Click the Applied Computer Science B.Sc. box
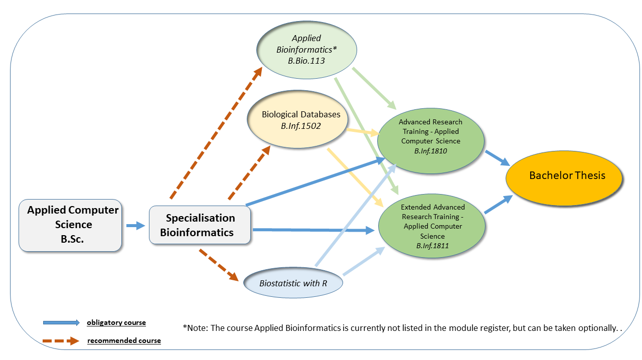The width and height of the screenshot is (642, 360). point(70,225)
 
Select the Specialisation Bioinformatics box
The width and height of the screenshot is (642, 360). point(200,225)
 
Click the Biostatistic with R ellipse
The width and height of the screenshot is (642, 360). point(293,283)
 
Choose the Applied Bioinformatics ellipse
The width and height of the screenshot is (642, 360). point(306,49)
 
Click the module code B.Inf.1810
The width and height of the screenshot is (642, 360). point(430,150)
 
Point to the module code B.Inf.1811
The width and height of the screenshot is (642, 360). point(432,246)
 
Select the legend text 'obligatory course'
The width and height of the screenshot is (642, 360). point(116,322)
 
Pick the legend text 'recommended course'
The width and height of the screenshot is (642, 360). point(124,341)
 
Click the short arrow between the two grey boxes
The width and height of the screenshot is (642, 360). point(135,226)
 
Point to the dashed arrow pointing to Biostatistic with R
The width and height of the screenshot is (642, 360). point(219,265)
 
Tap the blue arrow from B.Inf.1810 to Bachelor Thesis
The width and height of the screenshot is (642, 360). point(497,157)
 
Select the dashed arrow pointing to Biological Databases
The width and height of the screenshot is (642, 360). point(249,173)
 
